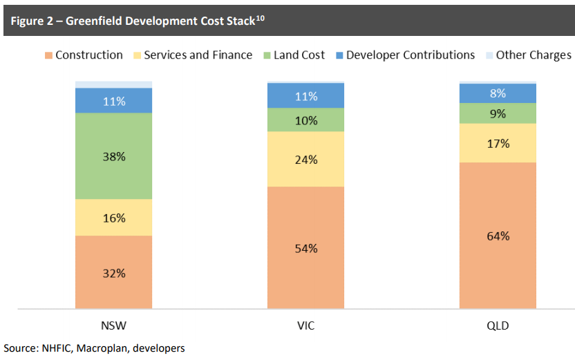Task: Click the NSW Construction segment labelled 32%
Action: (x=114, y=272)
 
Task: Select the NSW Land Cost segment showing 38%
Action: (x=114, y=156)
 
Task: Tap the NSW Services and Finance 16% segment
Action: (x=114, y=218)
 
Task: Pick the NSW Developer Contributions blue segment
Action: (x=114, y=101)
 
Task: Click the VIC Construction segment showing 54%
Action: (x=305, y=247)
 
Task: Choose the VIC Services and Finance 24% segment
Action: (x=305, y=159)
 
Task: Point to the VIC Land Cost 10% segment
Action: (x=305, y=120)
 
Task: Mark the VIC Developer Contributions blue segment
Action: (x=305, y=96)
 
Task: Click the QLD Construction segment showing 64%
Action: (x=498, y=236)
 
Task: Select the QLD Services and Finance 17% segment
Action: (x=498, y=143)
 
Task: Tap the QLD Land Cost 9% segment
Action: (x=498, y=113)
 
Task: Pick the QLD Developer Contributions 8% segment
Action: (x=498, y=93)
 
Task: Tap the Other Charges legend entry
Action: (x=533, y=55)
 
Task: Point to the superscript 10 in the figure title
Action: (x=261, y=17)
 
